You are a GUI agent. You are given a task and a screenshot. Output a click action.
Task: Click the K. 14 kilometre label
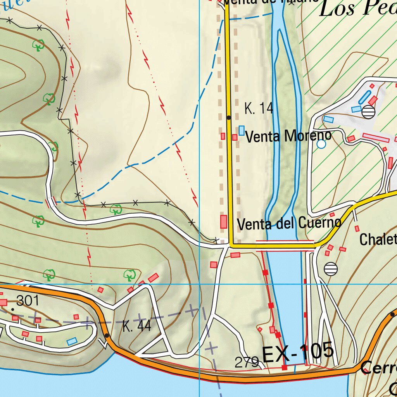259,109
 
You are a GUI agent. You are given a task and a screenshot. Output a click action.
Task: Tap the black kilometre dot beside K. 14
229,117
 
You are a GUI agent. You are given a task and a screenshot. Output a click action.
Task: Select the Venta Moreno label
288,136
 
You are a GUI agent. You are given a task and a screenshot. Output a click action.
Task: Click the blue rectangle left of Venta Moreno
242,131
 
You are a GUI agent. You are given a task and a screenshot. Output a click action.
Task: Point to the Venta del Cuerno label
289,224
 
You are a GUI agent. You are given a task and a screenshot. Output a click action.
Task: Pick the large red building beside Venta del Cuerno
224,221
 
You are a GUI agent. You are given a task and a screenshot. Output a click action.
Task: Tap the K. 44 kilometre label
136,326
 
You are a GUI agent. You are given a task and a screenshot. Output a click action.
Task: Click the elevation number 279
247,362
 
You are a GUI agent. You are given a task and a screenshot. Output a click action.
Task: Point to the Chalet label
378,240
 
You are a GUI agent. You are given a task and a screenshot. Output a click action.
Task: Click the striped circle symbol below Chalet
331,269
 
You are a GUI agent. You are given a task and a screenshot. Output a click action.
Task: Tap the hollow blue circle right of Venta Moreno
321,144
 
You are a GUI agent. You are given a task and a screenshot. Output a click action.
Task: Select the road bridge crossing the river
285,245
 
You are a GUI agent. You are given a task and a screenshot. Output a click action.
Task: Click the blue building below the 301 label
72,342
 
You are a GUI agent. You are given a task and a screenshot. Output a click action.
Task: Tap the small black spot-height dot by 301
13,309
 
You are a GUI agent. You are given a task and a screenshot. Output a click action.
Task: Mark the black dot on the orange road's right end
393,314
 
